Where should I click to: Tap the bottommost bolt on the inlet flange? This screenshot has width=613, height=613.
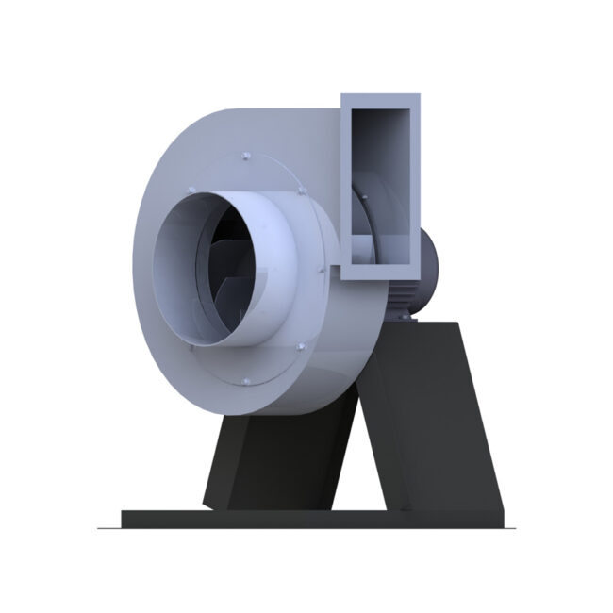click(x=243, y=381)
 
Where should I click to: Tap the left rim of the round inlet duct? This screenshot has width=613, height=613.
click(x=158, y=273)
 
